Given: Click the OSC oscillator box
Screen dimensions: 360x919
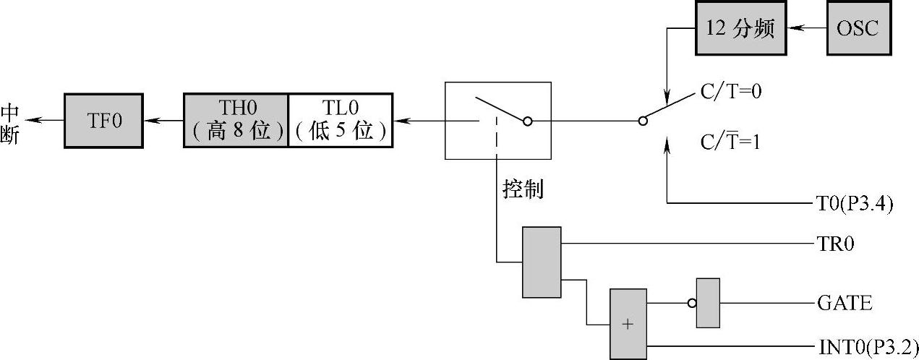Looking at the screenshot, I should click(x=859, y=29).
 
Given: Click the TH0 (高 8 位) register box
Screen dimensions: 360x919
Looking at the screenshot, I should click(x=236, y=120).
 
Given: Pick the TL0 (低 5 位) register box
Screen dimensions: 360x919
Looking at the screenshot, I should click(x=341, y=120).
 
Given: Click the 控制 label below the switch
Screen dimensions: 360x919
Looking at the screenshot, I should click(x=523, y=189).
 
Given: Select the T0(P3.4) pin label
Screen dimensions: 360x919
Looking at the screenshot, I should click(x=850, y=204).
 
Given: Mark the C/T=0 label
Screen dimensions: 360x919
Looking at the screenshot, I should click(x=731, y=93).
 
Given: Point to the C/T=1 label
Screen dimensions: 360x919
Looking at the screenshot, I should click(x=730, y=142).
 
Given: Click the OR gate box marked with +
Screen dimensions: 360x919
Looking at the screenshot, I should click(x=628, y=323).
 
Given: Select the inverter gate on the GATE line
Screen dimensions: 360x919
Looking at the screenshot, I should click(x=708, y=303).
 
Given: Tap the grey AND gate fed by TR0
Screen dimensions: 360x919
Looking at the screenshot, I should click(x=542, y=262).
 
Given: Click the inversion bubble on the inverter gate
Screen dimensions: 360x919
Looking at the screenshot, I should click(x=692, y=303).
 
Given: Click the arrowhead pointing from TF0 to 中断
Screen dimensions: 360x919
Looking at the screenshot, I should click(x=37, y=120).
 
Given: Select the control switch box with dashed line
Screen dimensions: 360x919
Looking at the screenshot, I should click(x=497, y=120).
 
